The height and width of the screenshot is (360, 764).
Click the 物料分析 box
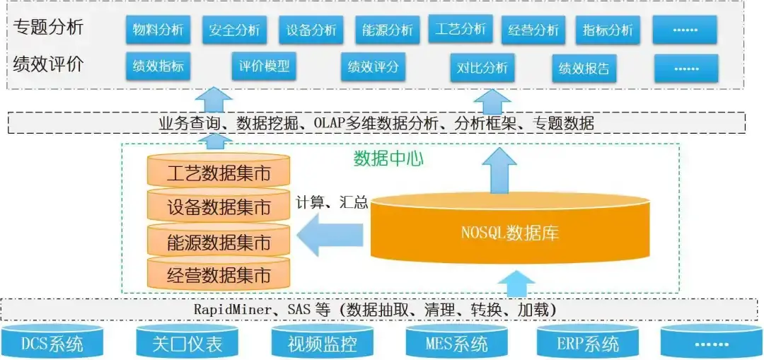pos(158,30)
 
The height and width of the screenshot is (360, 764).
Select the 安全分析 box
pos(234,30)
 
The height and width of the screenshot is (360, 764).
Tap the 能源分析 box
pos(387,30)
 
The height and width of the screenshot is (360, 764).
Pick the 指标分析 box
pos(608,30)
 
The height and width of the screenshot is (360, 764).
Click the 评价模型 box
pos(264,66)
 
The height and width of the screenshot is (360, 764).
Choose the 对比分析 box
pos(482,68)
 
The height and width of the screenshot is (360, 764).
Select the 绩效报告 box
pos(584,69)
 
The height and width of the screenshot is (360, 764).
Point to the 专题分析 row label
pos(48,28)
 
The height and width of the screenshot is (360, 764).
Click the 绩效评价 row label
pos(48,64)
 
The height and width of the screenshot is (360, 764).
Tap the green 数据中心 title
pos(388,158)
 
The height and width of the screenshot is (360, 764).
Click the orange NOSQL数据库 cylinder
pos(509,230)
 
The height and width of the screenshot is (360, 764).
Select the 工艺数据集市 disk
pos(219,173)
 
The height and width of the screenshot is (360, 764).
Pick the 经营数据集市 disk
pos(219,274)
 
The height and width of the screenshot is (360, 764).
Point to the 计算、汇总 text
pos(332,203)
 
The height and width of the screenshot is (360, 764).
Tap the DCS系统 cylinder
pos(52,343)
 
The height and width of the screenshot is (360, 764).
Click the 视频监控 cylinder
pos(322,343)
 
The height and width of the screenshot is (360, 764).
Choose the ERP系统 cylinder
pos(587,343)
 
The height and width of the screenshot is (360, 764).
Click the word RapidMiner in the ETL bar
pos(231,310)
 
